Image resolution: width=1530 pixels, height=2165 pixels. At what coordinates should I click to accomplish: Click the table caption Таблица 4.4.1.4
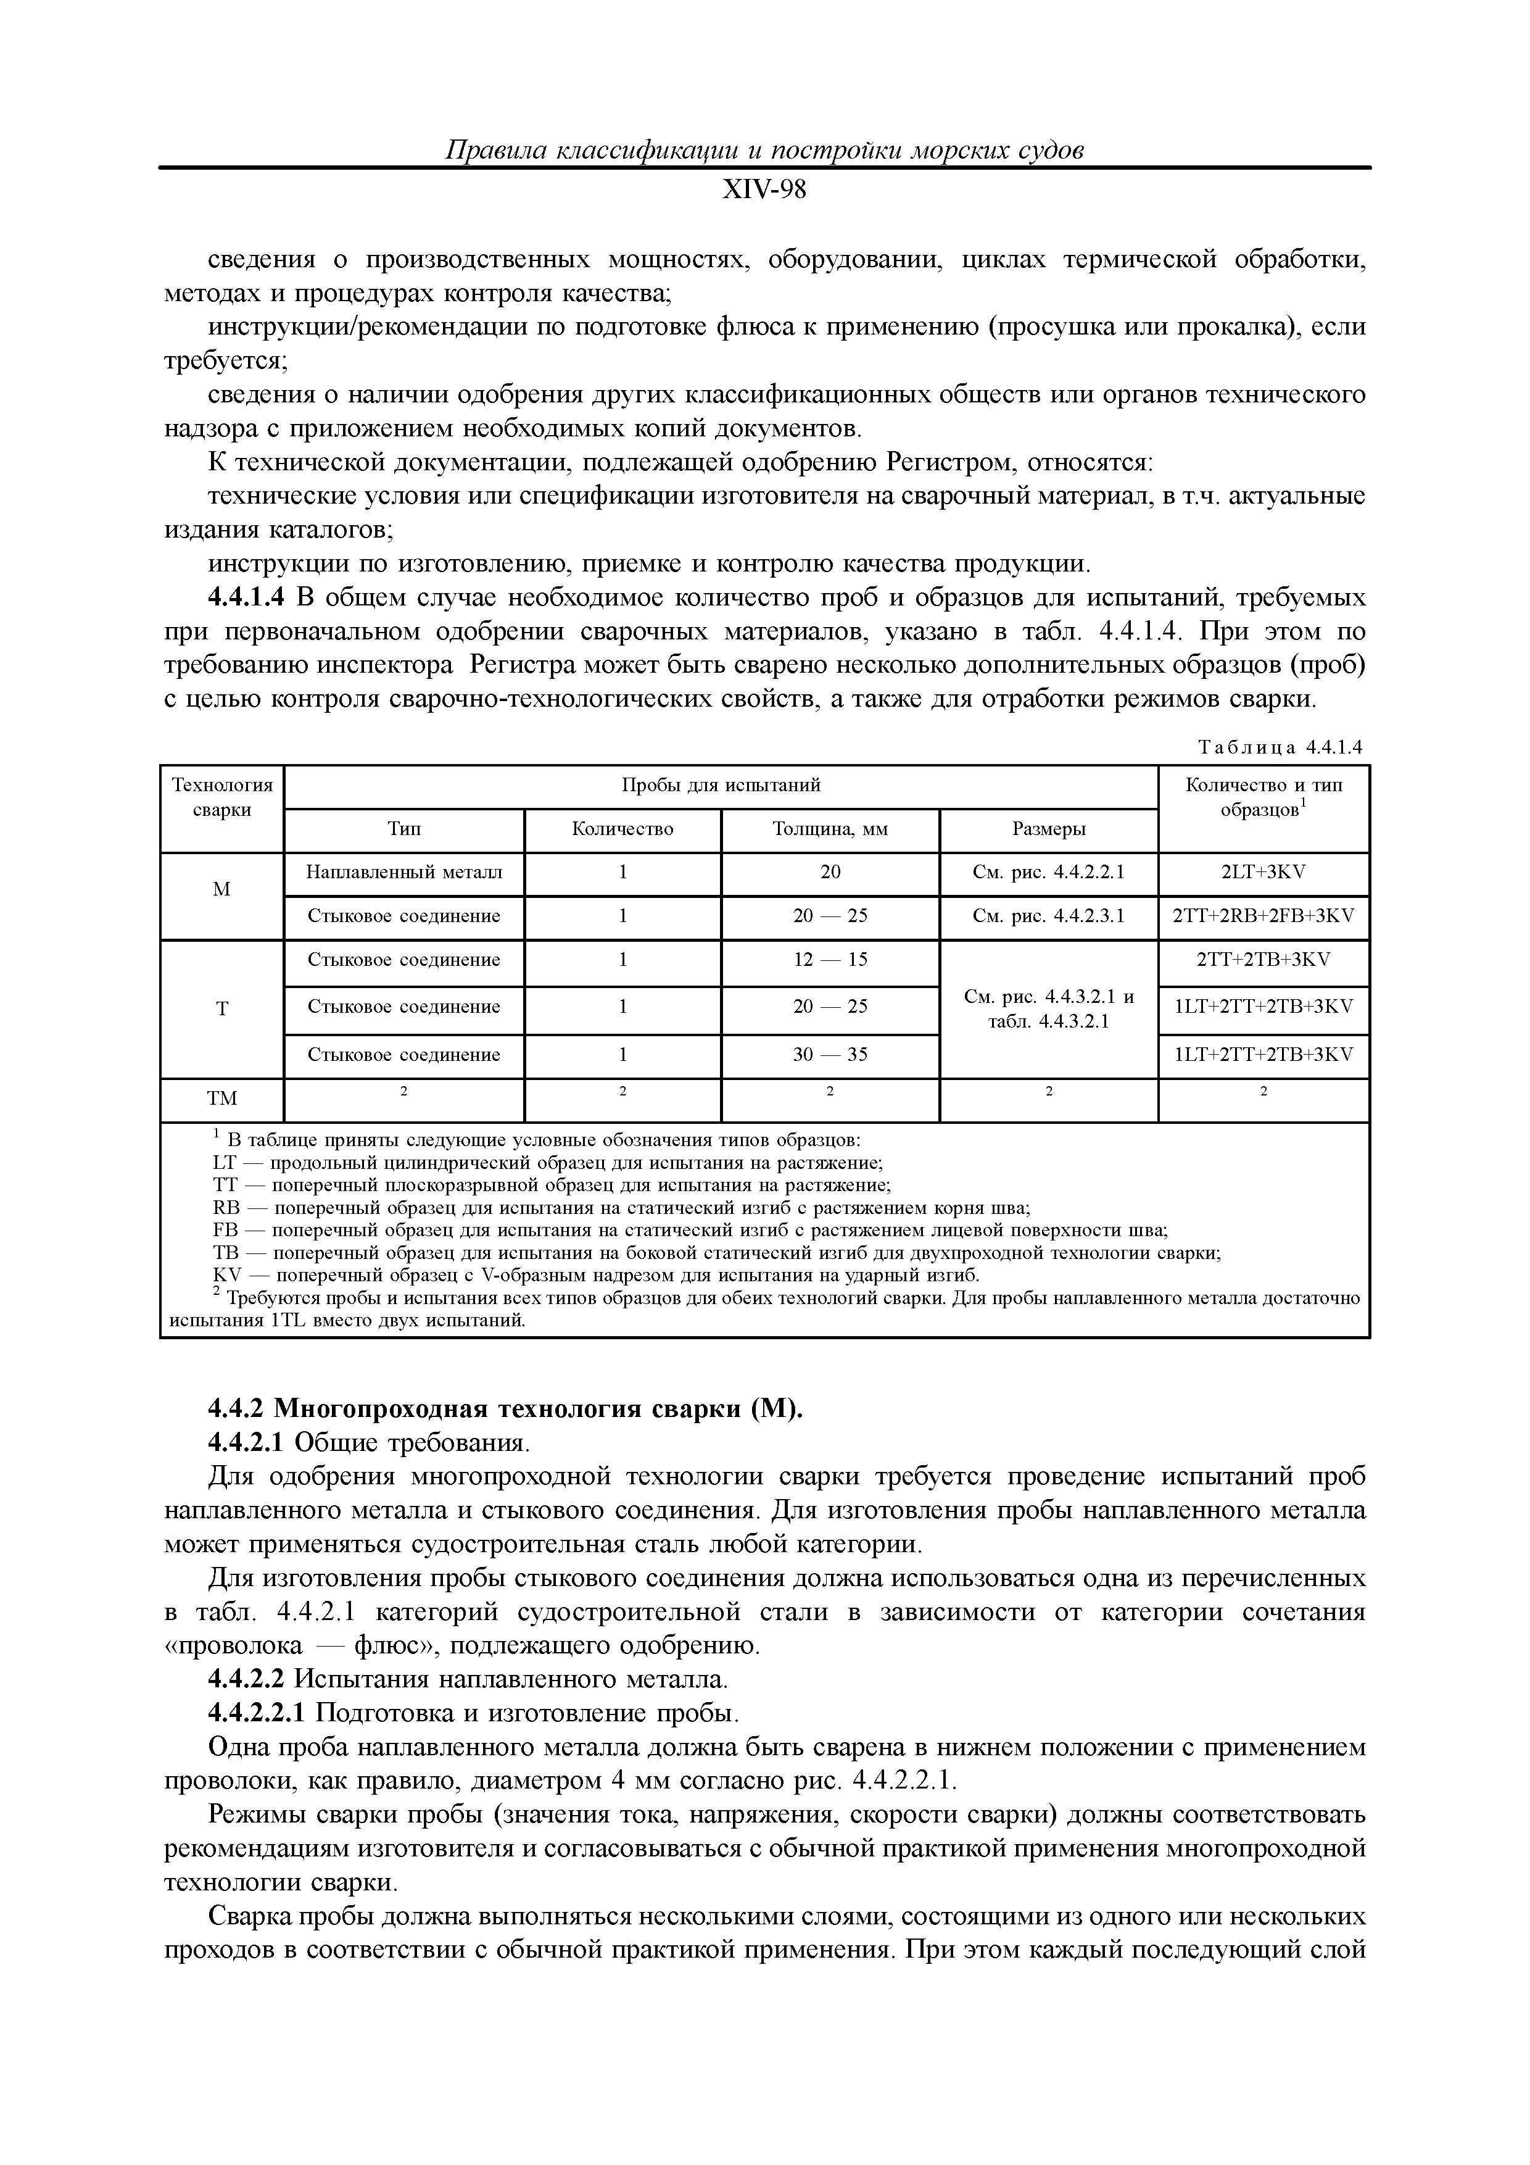click(x=1280, y=748)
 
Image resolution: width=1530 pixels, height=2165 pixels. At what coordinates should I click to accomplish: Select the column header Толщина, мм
click(x=830, y=829)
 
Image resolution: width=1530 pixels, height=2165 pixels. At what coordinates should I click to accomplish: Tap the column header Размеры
click(x=1048, y=829)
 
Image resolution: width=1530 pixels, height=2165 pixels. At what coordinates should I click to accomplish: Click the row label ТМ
click(x=221, y=1099)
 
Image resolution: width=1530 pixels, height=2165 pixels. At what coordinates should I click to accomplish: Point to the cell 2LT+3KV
click(x=1263, y=871)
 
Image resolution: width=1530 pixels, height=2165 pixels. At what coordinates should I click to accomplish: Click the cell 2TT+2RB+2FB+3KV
click(x=1263, y=916)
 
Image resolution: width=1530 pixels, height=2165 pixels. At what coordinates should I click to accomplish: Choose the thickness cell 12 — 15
click(x=830, y=960)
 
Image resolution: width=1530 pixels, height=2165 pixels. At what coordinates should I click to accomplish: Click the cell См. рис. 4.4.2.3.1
click(x=1048, y=916)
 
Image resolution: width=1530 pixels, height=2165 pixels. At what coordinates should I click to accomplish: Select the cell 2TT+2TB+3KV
click(x=1263, y=960)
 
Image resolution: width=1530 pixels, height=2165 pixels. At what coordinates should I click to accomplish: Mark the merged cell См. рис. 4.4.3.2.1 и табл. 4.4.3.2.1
click(x=1048, y=1008)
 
